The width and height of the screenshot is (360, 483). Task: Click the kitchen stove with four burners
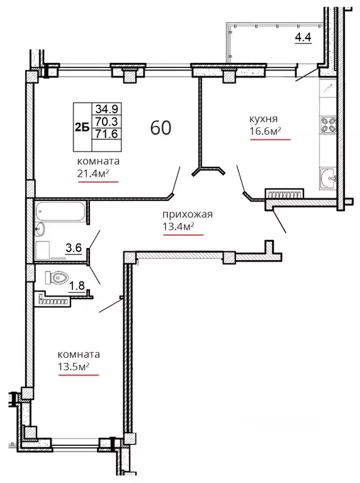point(328,125)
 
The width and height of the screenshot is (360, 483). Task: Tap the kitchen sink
point(328,178)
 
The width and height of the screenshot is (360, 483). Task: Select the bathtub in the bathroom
point(60,211)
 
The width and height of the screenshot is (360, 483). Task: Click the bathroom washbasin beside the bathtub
point(40,229)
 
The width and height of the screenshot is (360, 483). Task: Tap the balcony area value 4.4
point(303,37)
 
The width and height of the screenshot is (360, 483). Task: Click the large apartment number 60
point(160,127)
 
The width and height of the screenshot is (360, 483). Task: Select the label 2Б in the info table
point(82,127)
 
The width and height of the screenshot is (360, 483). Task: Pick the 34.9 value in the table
point(106,109)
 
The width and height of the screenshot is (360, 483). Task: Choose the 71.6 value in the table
point(106,134)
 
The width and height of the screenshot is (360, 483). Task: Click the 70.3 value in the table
point(106,122)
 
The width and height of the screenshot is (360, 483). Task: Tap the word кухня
point(264,119)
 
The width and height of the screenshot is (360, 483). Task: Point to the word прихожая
point(188,214)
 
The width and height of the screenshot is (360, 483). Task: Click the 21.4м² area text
point(93,173)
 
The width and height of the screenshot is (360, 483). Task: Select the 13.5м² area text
point(74,367)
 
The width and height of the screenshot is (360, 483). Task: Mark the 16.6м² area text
point(265,131)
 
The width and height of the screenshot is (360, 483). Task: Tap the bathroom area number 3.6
point(74,247)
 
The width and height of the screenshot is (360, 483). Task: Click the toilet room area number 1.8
point(76,286)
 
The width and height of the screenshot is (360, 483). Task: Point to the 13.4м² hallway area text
point(178,227)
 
